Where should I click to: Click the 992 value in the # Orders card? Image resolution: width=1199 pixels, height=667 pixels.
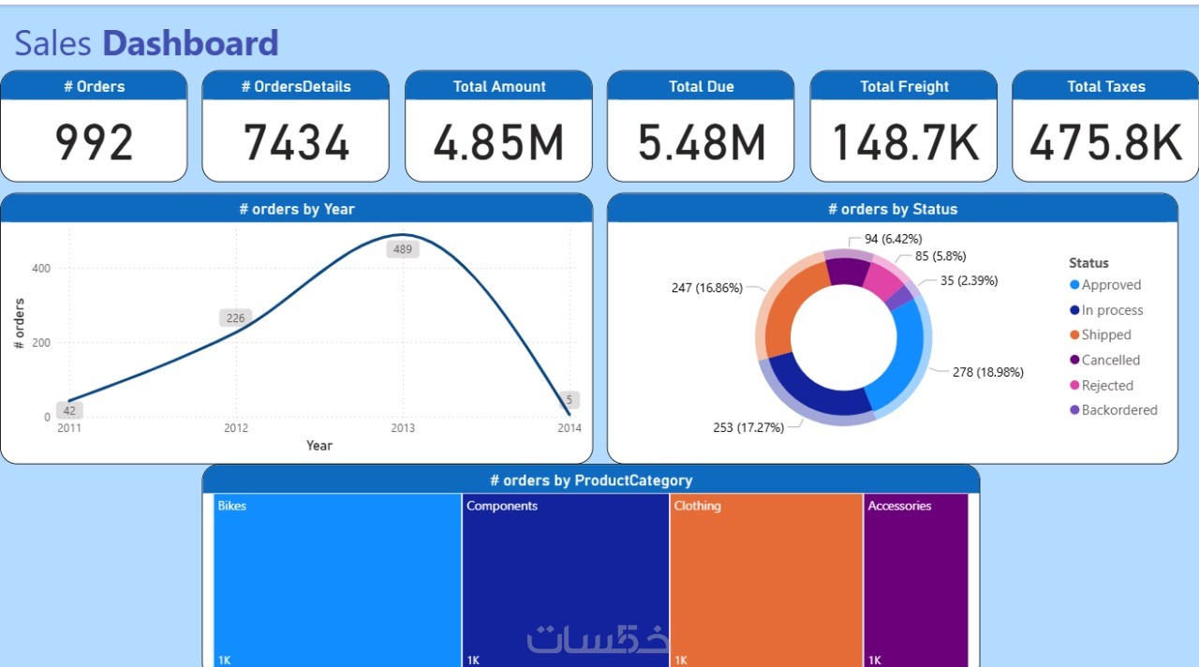[94, 142]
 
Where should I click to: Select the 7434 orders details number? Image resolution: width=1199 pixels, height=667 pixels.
[296, 142]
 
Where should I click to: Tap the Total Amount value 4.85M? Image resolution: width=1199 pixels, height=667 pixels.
[498, 142]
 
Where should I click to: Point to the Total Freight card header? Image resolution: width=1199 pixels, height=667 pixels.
[904, 86]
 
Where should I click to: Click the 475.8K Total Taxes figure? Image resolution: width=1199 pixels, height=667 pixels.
[1105, 142]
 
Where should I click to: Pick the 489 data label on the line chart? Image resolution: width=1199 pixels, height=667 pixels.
[403, 249]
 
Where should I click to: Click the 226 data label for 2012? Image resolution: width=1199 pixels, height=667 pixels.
[235, 318]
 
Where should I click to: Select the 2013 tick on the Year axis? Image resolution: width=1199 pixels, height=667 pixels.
[403, 428]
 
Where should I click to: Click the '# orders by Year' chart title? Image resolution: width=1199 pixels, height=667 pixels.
[296, 209]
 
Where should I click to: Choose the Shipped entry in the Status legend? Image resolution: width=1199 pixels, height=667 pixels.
[1105, 335]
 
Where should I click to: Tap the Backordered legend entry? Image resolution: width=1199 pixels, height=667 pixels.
[1118, 410]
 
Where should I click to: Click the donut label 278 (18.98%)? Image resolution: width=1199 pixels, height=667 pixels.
[988, 372]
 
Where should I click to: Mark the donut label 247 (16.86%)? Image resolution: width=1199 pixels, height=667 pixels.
[706, 288]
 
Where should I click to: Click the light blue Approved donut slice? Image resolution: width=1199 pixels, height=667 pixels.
[902, 356]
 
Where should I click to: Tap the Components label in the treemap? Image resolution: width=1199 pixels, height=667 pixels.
[502, 506]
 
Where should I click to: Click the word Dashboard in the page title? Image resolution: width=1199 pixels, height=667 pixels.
[190, 43]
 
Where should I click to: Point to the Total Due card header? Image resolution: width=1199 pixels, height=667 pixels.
[701, 86]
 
